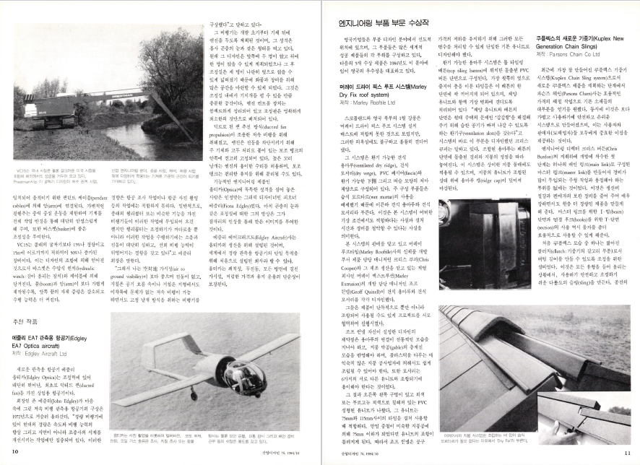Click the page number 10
pos(16,451)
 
